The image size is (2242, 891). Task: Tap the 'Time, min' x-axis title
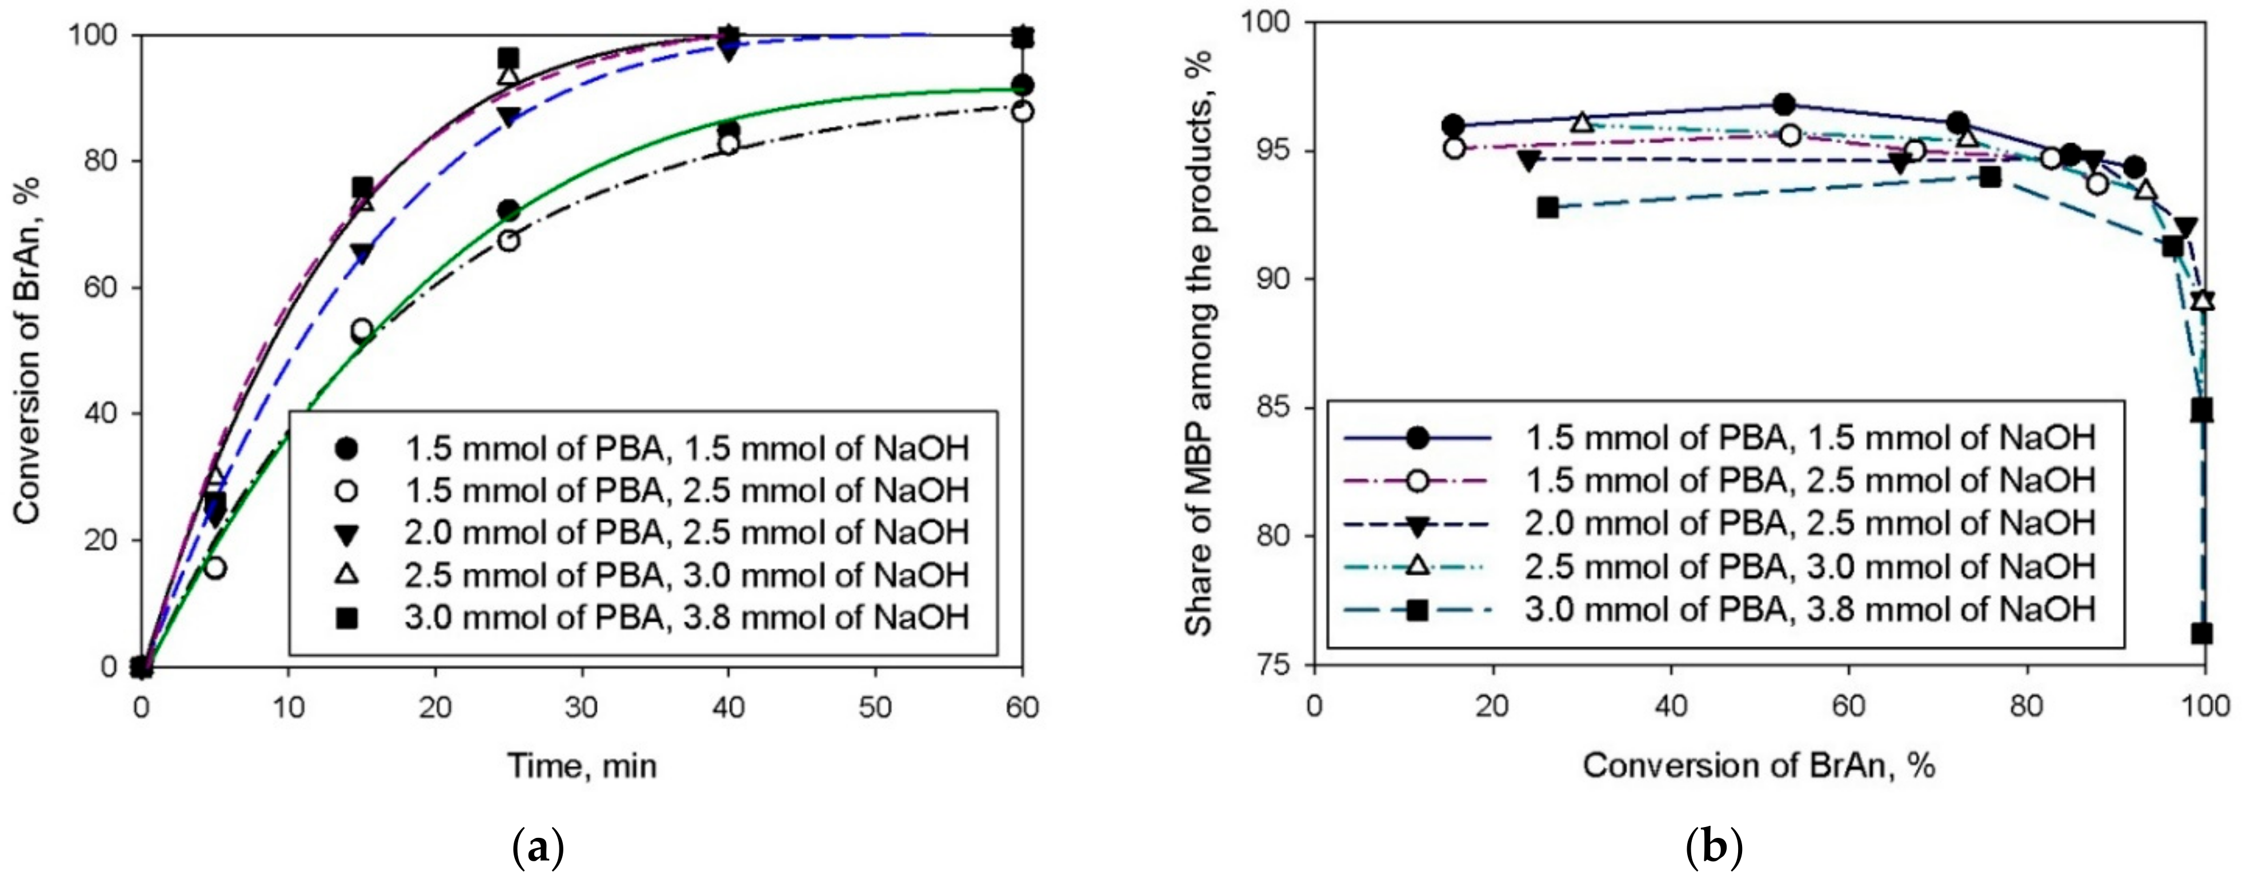click(582, 766)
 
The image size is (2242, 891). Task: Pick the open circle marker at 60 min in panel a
click(1023, 111)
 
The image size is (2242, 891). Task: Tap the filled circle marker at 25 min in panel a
click(509, 211)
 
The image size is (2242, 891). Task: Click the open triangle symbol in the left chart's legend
click(347, 575)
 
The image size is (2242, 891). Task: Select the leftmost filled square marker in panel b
click(1547, 207)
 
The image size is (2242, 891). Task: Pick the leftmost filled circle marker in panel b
click(1452, 125)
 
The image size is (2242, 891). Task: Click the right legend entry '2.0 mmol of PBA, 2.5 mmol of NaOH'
click(1808, 524)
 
